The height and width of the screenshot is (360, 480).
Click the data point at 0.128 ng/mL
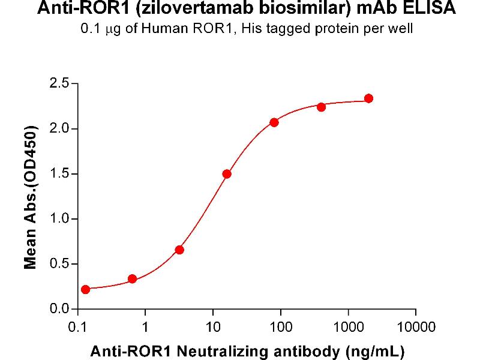click(85, 289)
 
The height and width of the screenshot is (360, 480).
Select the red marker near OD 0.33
click(133, 279)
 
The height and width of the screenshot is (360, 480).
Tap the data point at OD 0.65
click(179, 250)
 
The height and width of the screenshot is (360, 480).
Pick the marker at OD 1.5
click(227, 174)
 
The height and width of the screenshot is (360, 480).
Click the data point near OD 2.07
click(274, 122)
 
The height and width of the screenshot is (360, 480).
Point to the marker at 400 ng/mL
click(321, 107)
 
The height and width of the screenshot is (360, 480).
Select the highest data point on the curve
click(368, 98)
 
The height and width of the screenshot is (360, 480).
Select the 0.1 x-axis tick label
click(77, 327)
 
